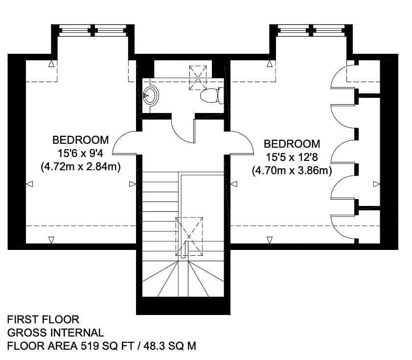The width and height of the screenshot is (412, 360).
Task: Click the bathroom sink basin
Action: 151,95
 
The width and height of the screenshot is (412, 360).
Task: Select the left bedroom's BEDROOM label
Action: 81,140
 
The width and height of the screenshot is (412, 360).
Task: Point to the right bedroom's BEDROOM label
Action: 292,144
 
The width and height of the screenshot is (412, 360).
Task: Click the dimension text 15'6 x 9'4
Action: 81,153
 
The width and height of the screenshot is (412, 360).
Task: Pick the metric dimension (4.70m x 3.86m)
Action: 292,171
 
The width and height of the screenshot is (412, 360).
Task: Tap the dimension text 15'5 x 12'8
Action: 292,157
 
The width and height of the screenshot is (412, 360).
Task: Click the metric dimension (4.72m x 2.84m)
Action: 81,166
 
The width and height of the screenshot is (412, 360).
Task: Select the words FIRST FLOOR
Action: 43,319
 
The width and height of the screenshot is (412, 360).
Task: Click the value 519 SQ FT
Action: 108,346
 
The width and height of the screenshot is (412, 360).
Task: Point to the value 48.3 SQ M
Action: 170,346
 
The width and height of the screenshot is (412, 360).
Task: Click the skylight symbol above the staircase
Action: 189,236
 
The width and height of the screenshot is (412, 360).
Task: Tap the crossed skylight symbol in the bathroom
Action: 198,78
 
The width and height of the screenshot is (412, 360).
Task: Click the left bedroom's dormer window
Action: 93,30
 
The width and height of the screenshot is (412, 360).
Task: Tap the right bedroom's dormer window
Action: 311,30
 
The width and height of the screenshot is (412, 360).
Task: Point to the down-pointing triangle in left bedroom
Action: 51,240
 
